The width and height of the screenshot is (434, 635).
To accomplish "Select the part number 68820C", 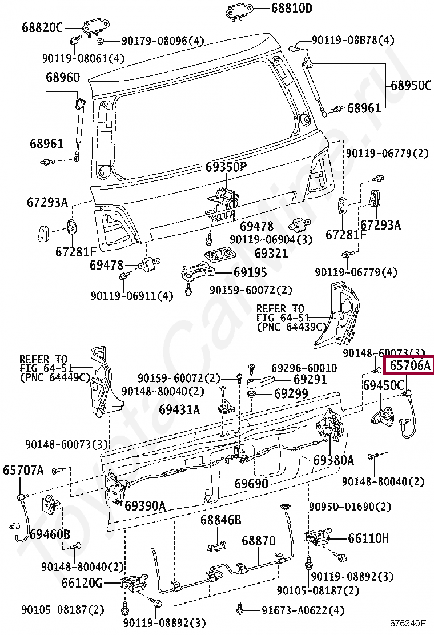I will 42,27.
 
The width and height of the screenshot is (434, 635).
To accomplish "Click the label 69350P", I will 226,167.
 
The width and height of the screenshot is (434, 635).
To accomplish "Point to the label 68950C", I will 411,86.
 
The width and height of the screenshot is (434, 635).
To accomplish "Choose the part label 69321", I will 271,253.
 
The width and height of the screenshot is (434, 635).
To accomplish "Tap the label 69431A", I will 179,409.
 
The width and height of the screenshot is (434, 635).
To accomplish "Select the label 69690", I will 251,484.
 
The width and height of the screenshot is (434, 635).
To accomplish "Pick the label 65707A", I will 23,470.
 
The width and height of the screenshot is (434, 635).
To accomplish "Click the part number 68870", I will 258,540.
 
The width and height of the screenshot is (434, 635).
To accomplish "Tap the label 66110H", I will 369,538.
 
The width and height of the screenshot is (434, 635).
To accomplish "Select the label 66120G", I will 81,583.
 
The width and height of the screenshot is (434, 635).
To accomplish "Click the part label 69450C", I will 384,385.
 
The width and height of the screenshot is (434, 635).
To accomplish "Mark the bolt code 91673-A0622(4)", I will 303,610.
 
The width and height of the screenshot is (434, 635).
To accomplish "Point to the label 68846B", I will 220,520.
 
